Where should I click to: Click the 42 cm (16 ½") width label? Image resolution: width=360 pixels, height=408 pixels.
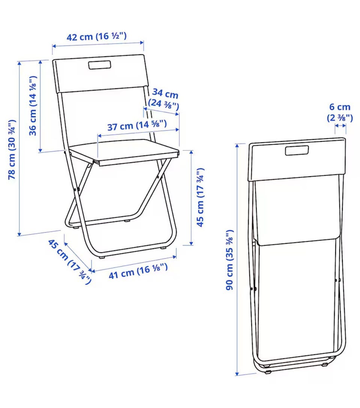click(x=96, y=36)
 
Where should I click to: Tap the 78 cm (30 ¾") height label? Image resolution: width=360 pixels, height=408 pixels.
click(x=12, y=149)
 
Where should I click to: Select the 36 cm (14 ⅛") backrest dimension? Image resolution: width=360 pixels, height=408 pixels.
click(x=33, y=106)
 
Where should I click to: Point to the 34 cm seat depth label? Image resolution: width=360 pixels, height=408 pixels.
click(x=165, y=93)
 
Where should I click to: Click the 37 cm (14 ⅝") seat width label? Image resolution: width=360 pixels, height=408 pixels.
click(x=137, y=125)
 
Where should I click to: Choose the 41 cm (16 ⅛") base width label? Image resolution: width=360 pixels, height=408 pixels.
click(x=138, y=271)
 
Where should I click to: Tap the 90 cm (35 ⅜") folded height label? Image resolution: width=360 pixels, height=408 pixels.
click(x=229, y=260)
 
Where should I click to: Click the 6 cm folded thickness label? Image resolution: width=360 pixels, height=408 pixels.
click(x=340, y=107)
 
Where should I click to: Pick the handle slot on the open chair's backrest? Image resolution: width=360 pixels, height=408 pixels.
click(x=100, y=65)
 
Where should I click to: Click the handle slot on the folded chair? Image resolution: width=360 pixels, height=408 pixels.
click(x=297, y=151)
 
